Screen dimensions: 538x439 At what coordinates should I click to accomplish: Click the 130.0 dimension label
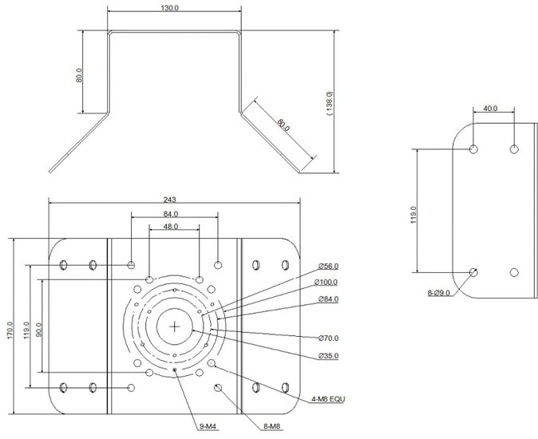[x=170, y=7]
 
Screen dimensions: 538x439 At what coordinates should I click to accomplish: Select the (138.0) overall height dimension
[x=330, y=103]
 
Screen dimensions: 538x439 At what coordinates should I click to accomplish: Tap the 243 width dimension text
[x=169, y=200]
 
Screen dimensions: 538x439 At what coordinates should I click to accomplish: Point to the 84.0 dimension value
[x=171, y=214]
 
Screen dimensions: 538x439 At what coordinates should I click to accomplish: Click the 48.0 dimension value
[x=171, y=227]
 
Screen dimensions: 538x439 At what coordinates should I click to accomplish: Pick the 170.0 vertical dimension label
[x=10, y=330]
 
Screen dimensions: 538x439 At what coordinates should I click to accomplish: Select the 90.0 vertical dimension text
[x=38, y=329]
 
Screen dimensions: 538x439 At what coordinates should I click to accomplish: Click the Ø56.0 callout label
[x=328, y=266]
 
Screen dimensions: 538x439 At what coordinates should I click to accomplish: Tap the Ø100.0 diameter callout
[x=326, y=283]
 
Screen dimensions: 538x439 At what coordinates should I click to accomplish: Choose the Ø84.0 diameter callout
[x=328, y=299]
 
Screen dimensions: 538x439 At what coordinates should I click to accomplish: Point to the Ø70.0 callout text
[x=328, y=338]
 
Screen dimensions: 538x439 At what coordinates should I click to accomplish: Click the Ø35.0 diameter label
[x=328, y=356]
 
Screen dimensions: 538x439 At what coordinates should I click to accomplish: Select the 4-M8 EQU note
[x=328, y=399]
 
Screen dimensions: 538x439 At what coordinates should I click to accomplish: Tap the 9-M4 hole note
[x=208, y=426]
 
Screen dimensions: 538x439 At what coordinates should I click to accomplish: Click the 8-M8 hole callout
[x=272, y=426]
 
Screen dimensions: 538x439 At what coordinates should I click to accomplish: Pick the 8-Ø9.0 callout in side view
[x=438, y=293]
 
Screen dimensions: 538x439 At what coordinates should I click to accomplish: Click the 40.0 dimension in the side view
[x=490, y=109]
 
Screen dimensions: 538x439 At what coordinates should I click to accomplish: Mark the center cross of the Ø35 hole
[x=175, y=326]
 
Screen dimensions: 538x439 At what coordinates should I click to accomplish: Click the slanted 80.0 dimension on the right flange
[x=283, y=125]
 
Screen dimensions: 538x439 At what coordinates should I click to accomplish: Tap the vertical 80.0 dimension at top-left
[x=79, y=75]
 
